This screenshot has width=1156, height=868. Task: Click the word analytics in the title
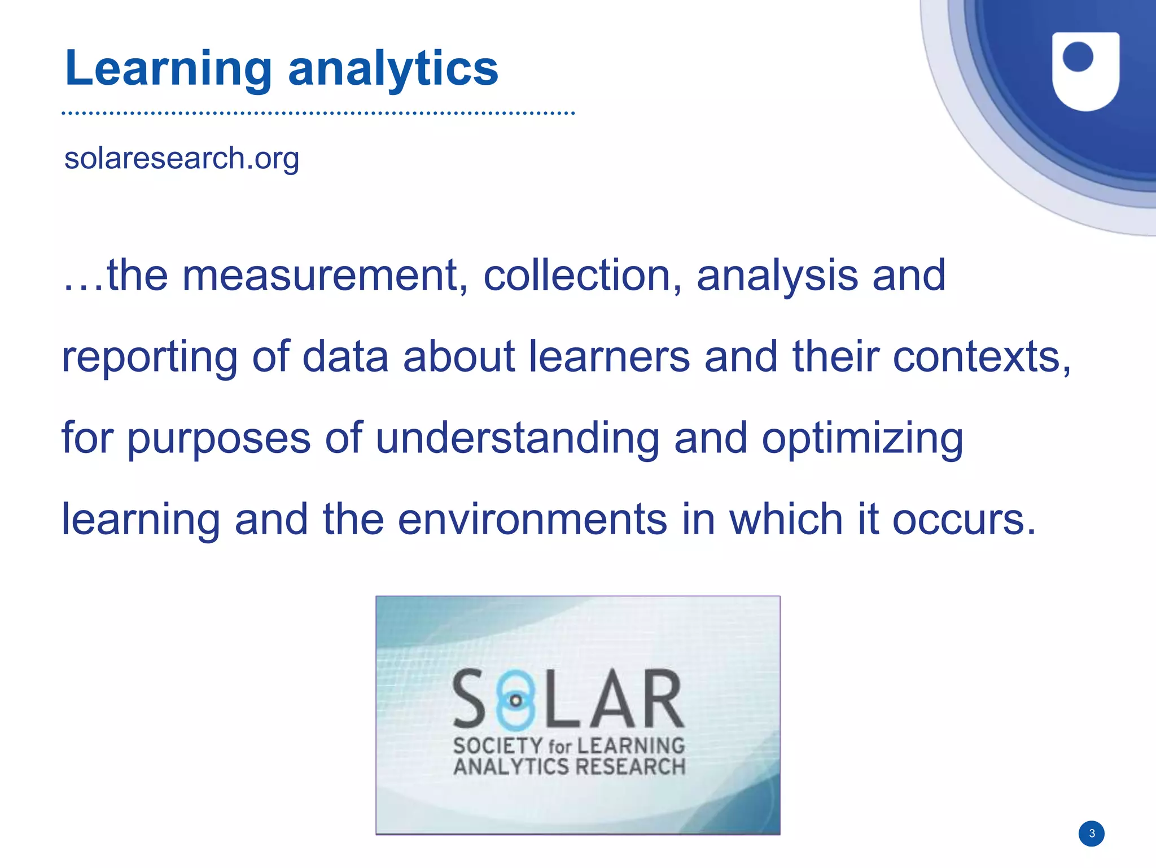[393, 69]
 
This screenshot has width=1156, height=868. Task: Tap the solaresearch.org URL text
[181, 158]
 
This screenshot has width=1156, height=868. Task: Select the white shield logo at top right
[1085, 71]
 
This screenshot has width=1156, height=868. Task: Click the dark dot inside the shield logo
[1078, 57]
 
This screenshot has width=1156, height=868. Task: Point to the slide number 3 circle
[1092, 834]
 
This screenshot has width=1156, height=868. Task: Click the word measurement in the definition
[325, 276]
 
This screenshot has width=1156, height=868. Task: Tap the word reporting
[150, 357]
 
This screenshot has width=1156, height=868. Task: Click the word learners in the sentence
[609, 357]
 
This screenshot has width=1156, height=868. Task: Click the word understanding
[517, 438]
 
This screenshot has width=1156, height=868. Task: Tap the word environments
[532, 520]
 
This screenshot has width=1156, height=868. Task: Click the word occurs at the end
[963, 520]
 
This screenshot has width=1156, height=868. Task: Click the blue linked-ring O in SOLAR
[515, 700]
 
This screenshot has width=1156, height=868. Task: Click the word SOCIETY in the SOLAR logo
[497, 746]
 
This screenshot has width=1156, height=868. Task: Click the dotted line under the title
[318, 114]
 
